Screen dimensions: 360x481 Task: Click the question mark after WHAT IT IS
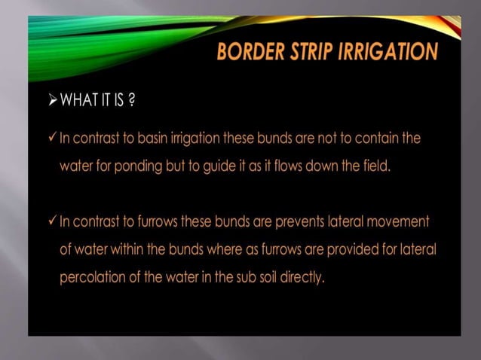click(132, 102)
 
